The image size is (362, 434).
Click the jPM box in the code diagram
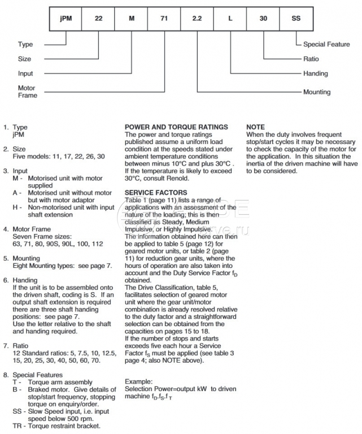pyautogui.click(x=65, y=18)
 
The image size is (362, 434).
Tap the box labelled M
pyautogui.click(x=131, y=18)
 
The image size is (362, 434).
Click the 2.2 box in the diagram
pyautogui.click(x=197, y=18)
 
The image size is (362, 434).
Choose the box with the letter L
pyautogui.click(x=230, y=18)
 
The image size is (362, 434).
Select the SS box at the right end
pyautogui.click(x=296, y=18)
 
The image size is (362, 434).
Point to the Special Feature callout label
pyautogui.click(x=327, y=45)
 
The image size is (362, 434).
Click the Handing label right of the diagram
pyautogui.click(x=315, y=73)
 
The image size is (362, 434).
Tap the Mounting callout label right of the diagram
pyautogui.click(x=317, y=92)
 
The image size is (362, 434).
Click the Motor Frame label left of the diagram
pyautogui.click(x=27, y=92)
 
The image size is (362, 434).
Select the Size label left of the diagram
pyautogui.click(x=24, y=59)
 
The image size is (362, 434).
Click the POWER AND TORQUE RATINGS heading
pyautogui.click(x=176, y=127)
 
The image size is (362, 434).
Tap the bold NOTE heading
pyautogui.click(x=256, y=127)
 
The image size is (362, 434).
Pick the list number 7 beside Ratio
pyautogui.click(x=5, y=344)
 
